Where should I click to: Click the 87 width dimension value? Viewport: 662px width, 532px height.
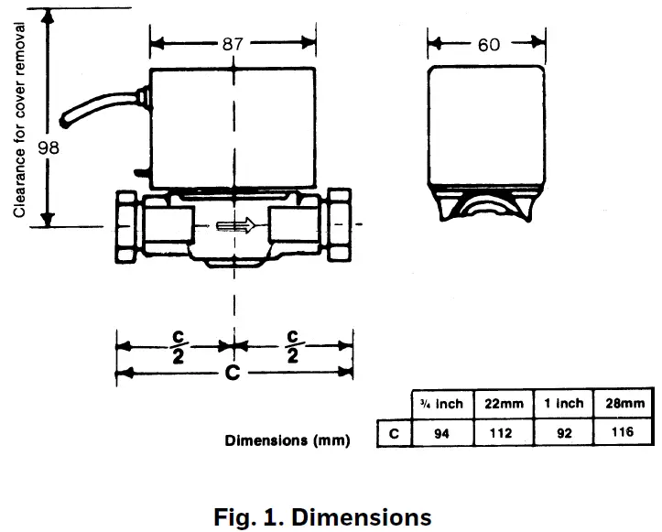pyautogui.click(x=234, y=43)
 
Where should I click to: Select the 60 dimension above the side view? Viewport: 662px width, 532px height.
pyautogui.click(x=489, y=44)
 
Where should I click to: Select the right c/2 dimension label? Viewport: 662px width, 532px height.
pyautogui.click(x=293, y=347)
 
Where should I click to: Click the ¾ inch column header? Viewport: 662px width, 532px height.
pyautogui.click(x=442, y=403)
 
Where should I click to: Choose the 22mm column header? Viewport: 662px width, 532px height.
pyautogui.click(x=504, y=403)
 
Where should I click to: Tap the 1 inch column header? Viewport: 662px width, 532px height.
pyautogui.click(x=564, y=403)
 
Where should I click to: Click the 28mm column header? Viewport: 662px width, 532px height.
pyautogui.click(x=624, y=403)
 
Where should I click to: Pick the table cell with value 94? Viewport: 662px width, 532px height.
pyautogui.click(x=442, y=433)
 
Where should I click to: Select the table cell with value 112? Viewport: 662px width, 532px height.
pyautogui.click(x=504, y=433)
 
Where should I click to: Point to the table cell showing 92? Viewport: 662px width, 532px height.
pyautogui.click(x=564, y=433)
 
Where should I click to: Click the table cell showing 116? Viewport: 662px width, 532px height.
pyautogui.click(x=624, y=433)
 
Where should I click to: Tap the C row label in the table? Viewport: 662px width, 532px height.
pyautogui.click(x=394, y=433)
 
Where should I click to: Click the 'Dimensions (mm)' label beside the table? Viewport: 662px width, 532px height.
pyautogui.click(x=288, y=440)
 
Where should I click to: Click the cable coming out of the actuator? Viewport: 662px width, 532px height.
pyautogui.click(x=92, y=108)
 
